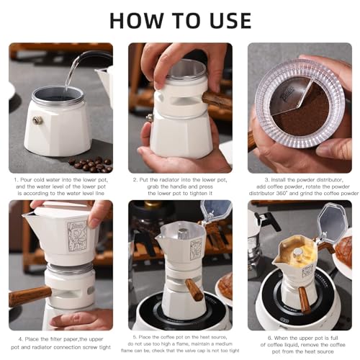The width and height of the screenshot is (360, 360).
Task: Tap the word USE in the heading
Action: [220, 21]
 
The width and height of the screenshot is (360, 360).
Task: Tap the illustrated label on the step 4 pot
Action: [78, 234]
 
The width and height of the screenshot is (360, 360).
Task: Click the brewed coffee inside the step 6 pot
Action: [297, 248]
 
